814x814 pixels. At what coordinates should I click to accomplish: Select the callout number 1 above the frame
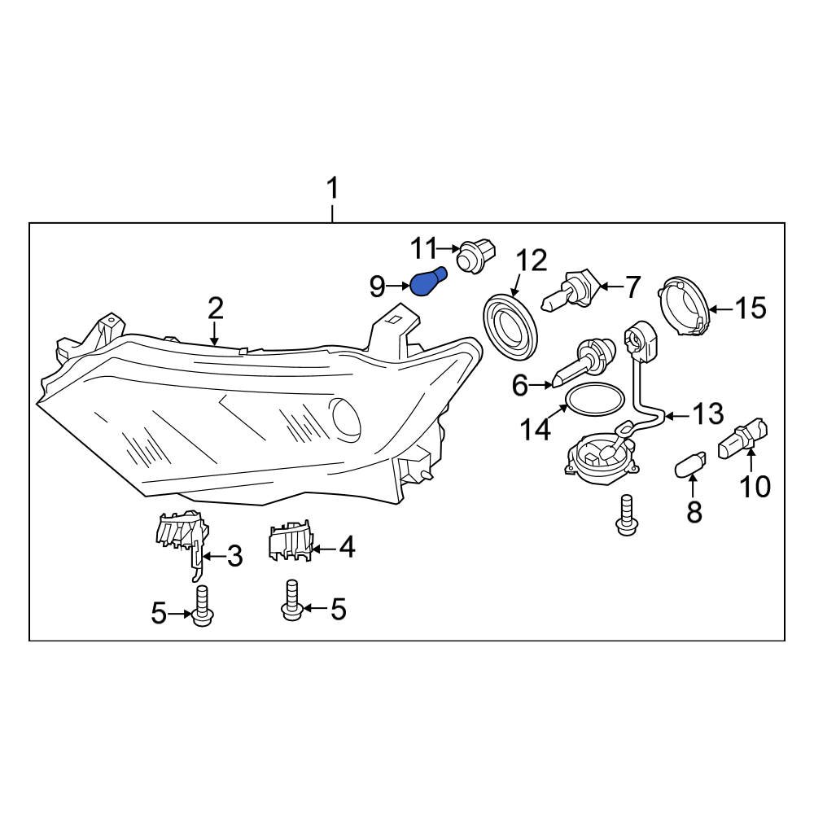[x=332, y=189]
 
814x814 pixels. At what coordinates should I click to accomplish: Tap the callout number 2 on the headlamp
[x=215, y=309]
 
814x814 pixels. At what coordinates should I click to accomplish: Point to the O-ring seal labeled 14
[x=595, y=399]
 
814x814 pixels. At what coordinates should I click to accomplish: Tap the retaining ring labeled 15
[x=685, y=307]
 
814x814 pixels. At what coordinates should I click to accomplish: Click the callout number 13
[x=707, y=414]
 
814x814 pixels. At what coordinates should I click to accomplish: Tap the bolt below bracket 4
[x=291, y=601]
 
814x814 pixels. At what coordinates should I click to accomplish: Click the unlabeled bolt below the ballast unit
[x=625, y=515]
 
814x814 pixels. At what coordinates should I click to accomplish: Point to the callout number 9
[x=377, y=286]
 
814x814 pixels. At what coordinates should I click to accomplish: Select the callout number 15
[x=751, y=308]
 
